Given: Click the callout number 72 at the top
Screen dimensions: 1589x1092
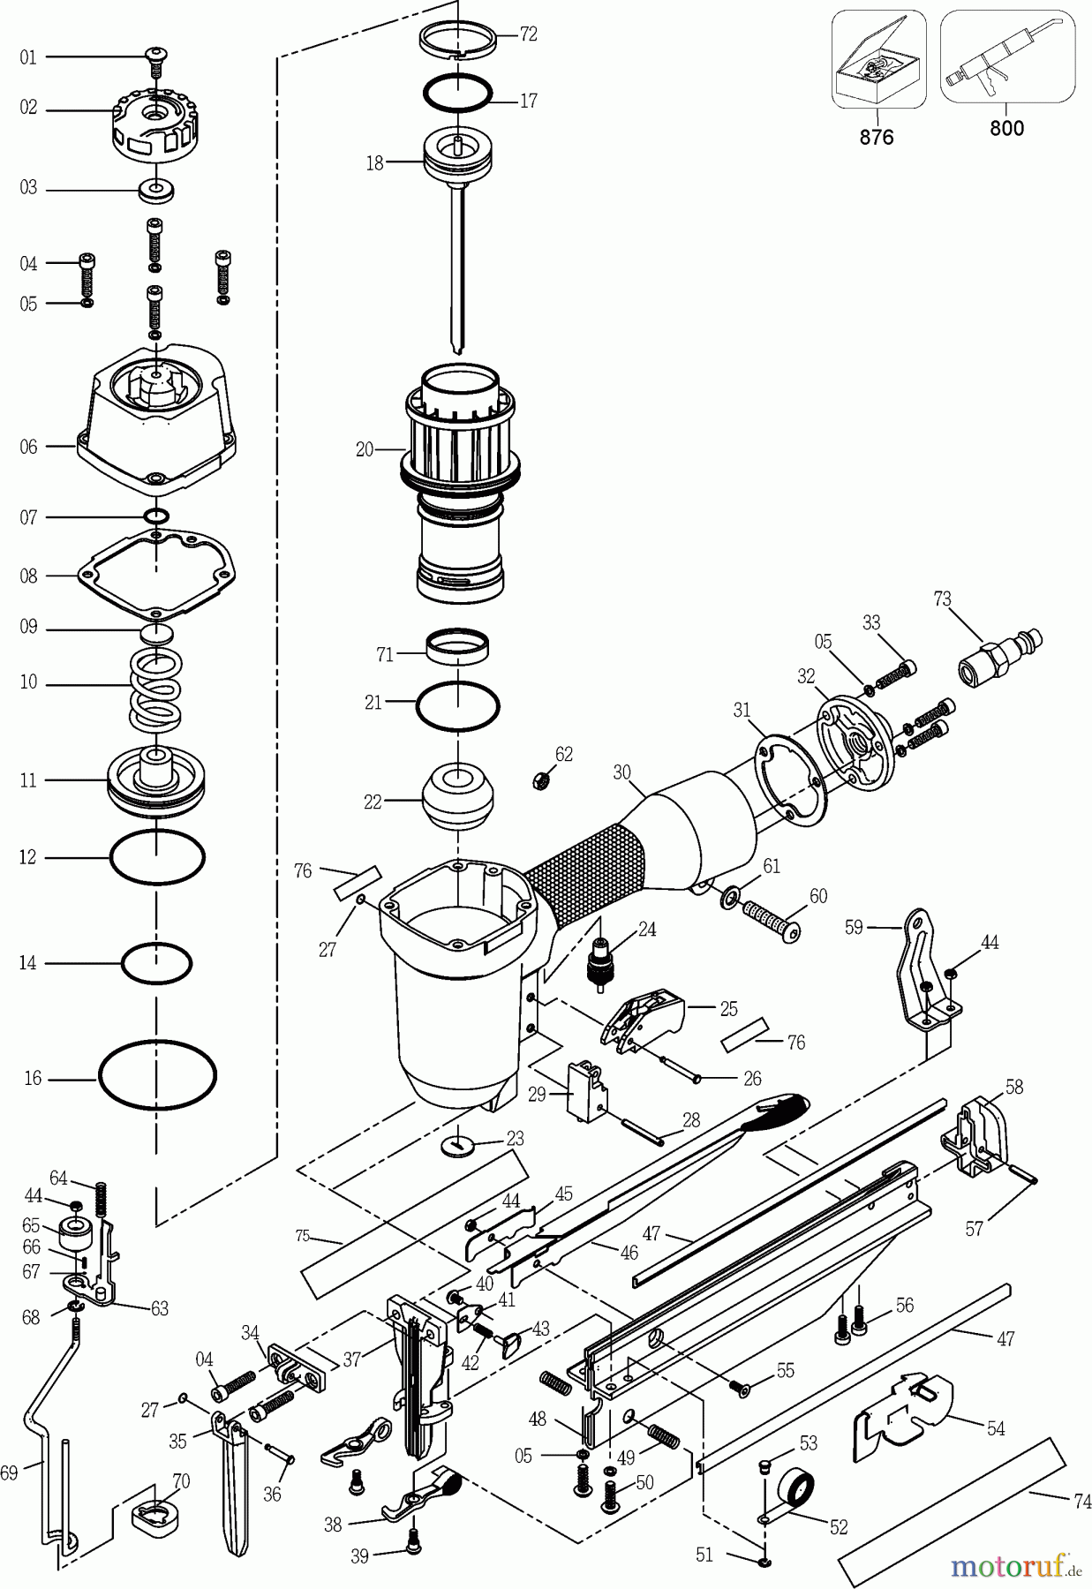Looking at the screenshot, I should pyautogui.click(x=528, y=34).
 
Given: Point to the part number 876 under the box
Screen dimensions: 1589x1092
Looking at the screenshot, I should pyautogui.click(x=877, y=137).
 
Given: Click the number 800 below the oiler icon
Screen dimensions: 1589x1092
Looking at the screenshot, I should pyautogui.click(x=1006, y=129).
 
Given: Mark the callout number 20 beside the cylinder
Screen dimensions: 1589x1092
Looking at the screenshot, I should pyautogui.click(x=365, y=449).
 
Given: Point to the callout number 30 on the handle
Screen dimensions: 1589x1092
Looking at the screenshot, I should pyautogui.click(x=622, y=772).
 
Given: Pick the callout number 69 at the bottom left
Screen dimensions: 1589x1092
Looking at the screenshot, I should pyautogui.click(x=10, y=1472).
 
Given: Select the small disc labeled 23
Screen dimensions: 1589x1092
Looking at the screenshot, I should pyautogui.click(x=458, y=1145).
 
